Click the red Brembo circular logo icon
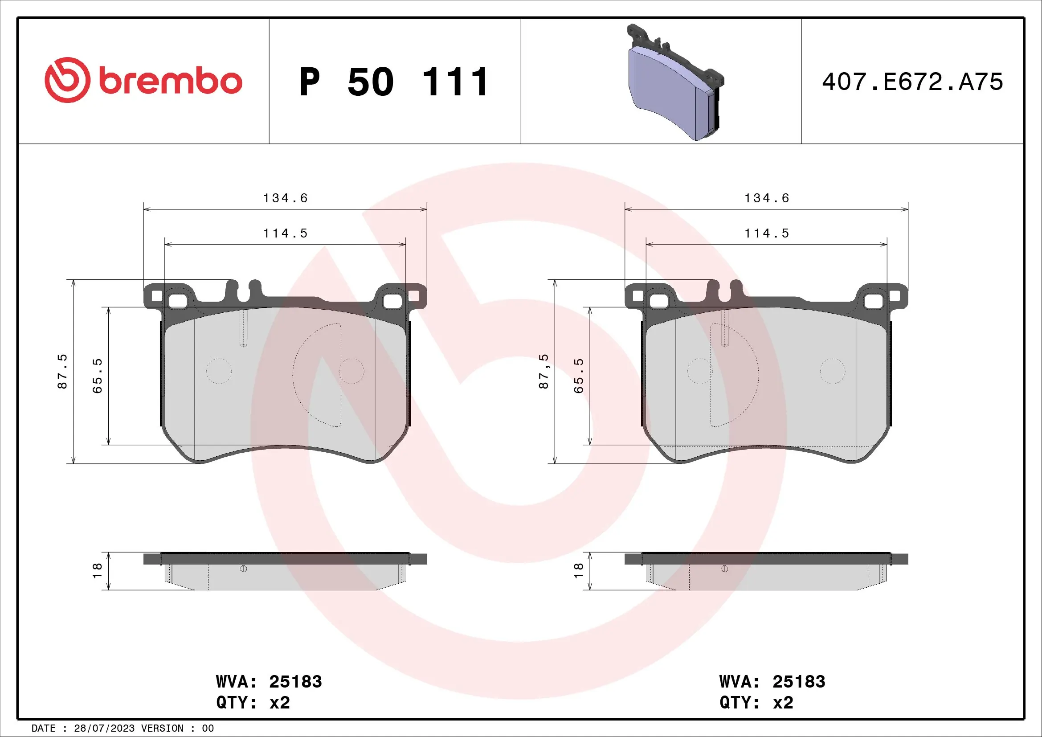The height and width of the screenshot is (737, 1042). point(67,80)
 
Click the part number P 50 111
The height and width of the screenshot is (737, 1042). point(393,82)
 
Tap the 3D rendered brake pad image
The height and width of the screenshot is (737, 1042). point(675,84)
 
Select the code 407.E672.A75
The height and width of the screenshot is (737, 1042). point(912,82)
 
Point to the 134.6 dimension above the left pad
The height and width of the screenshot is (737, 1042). point(285,198)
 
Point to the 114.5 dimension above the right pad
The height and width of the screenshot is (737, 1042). point(767,233)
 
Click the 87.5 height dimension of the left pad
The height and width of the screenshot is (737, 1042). point(62,371)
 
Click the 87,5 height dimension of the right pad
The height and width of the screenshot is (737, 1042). point(543,371)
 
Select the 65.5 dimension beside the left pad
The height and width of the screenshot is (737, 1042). point(97,375)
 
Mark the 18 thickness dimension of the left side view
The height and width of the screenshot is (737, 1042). point(97,570)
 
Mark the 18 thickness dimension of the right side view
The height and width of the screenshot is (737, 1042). point(578,570)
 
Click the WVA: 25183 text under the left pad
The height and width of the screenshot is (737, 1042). point(269,682)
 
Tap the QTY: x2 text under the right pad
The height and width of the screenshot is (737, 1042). point(756,703)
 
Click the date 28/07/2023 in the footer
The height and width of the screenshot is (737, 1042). point(104,729)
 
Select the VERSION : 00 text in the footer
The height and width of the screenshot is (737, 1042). point(177,729)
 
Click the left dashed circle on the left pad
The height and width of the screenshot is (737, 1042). point(219,371)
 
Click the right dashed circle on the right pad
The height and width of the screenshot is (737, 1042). point(832,371)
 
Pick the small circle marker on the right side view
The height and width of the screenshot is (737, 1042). point(724,569)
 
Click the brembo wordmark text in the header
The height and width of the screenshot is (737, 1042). point(170,82)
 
